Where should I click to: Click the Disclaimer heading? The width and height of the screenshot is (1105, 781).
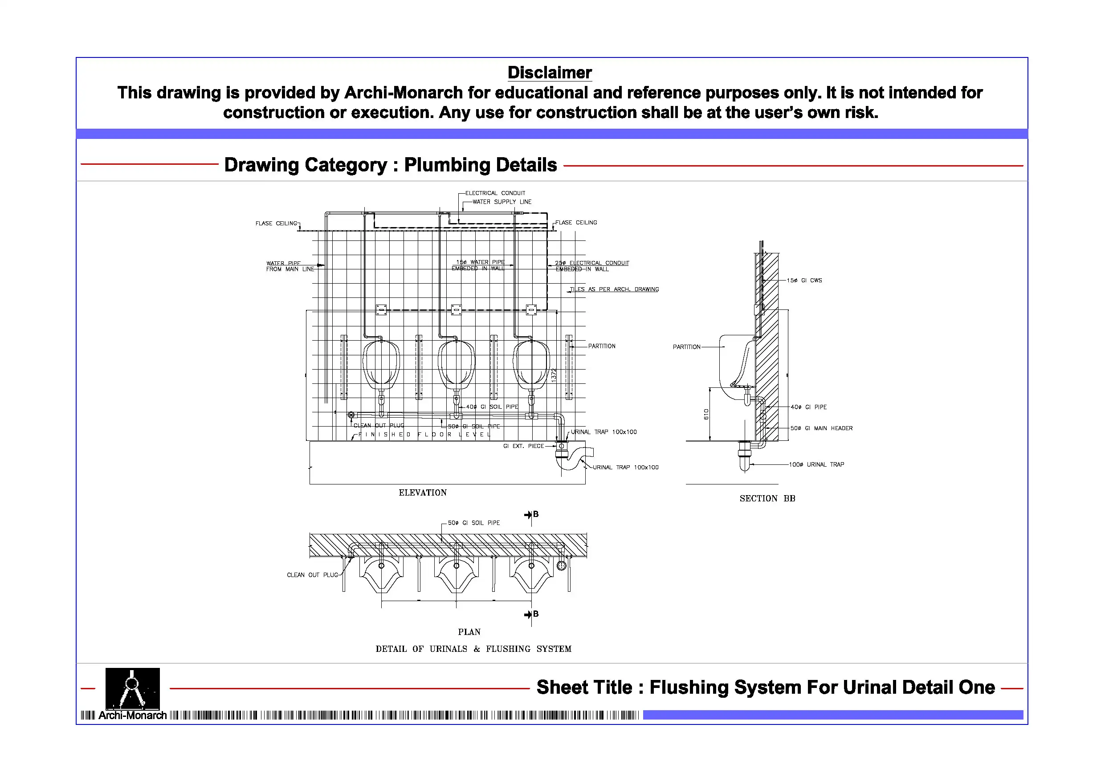[550, 73]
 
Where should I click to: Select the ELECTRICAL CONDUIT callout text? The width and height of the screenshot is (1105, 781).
[495, 193]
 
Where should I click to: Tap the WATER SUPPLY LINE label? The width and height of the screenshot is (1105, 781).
[502, 202]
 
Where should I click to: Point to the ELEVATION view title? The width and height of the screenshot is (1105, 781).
[423, 493]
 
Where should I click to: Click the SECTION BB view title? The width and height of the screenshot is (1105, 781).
[767, 499]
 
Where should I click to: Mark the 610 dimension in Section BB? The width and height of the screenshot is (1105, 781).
[706, 414]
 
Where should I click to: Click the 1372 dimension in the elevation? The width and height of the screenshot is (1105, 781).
[554, 375]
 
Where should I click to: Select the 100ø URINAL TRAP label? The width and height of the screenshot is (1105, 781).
[816, 465]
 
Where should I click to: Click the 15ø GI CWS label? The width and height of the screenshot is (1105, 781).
[804, 281]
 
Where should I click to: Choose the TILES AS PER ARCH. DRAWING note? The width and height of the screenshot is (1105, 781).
[614, 289]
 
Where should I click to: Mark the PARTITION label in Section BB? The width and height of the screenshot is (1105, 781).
[686, 347]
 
